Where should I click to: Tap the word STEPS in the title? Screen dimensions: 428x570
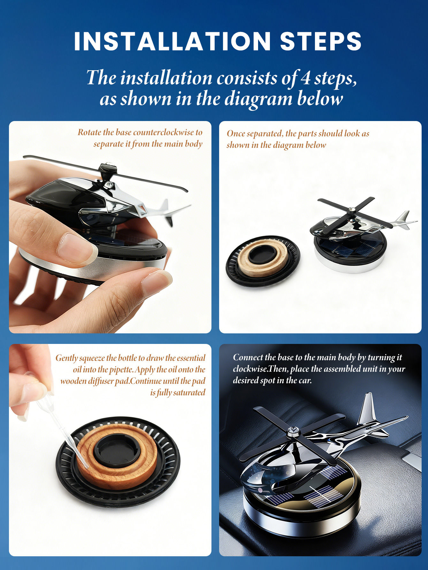click(x=321, y=41)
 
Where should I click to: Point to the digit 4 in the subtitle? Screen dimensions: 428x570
click(x=306, y=78)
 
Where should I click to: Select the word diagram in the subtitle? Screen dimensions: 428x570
click(x=258, y=99)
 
